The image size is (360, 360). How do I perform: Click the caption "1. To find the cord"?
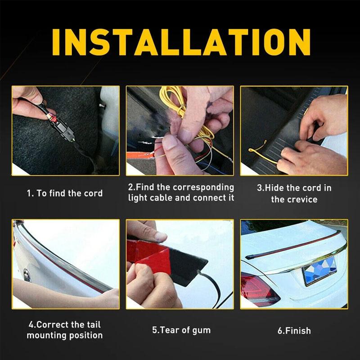click(64, 193)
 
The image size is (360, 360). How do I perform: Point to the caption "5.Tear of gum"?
click(181, 330)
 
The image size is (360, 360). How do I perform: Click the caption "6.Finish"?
click(294, 330)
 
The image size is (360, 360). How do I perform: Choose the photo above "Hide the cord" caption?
click(294, 130)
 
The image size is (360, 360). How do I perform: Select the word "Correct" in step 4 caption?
click(50, 324)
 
